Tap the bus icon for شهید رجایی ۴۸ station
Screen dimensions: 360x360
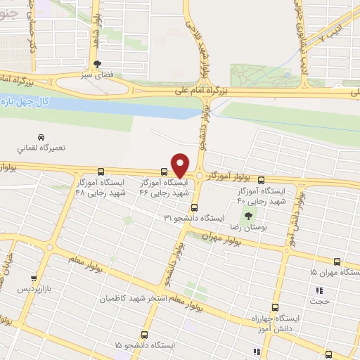coord(101,171)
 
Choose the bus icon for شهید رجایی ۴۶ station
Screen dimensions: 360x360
coord(164,171)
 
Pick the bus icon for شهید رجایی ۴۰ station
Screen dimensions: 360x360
coord(262,179)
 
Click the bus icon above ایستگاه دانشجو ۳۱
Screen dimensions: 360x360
coord(195,207)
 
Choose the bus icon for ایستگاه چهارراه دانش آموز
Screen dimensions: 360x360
coord(275,307)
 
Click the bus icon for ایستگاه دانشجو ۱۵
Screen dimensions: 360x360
coord(146,335)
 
